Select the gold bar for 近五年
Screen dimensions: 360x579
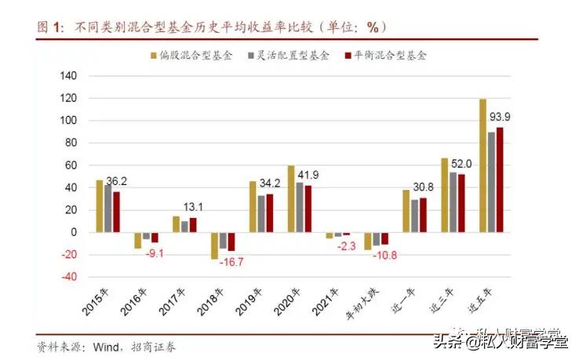click(482, 165)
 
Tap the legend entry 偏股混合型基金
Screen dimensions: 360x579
click(195, 56)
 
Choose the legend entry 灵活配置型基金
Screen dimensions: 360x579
click(294, 56)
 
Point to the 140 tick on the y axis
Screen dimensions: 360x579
click(70, 76)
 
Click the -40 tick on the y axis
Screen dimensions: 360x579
click(70, 277)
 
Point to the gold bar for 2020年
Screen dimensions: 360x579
click(291, 198)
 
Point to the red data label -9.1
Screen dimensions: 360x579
click(157, 253)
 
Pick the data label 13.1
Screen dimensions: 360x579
click(193, 207)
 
